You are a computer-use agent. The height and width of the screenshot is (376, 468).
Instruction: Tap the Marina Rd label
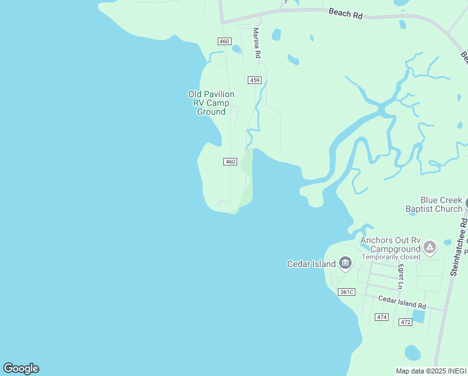pos(257,43)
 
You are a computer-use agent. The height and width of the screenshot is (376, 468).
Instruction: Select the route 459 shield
pos(254,80)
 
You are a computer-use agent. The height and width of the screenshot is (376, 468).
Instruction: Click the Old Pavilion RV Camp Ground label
pos(211,103)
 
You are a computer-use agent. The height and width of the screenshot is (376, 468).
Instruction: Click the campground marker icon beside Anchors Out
pos(430,248)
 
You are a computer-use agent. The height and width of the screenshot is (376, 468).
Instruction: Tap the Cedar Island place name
pos(312,264)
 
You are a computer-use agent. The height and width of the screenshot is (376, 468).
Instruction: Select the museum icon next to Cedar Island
pos(345,264)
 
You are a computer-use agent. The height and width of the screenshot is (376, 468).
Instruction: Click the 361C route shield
pos(346,292)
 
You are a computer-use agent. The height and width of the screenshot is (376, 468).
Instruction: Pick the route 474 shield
pos(382,317)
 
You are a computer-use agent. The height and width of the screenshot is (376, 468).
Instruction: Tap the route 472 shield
pos(405,322)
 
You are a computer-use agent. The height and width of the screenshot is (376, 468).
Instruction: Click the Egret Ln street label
pos(400,276)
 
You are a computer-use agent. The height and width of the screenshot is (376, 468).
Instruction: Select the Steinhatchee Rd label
pos(459,248)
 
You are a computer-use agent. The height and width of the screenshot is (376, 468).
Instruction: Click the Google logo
pos(21,368)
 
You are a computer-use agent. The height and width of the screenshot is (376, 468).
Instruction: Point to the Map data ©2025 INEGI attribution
pos(431,371)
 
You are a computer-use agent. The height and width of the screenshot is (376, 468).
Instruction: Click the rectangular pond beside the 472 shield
pos(418,316)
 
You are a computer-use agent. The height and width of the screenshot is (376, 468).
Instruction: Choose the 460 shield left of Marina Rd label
pos(224,41)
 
